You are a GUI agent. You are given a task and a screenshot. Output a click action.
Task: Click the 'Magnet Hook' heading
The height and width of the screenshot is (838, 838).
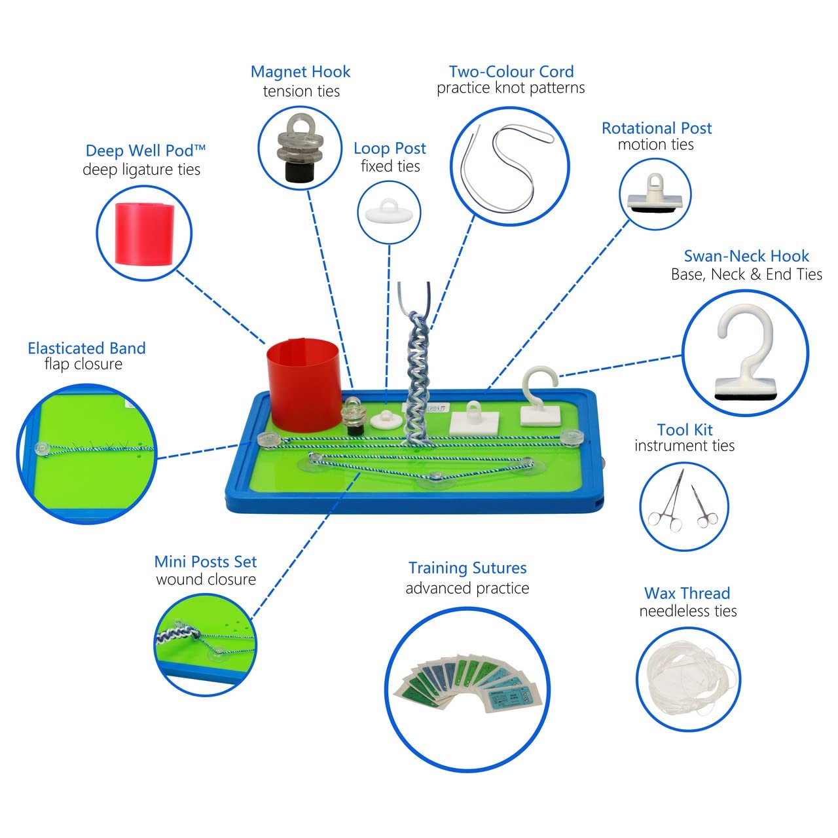point(300,72)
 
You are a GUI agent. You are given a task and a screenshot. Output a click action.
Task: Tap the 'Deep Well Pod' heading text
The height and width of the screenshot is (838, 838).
point(145,151)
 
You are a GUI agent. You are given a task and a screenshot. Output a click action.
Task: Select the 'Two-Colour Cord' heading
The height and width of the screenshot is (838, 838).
point(511,71)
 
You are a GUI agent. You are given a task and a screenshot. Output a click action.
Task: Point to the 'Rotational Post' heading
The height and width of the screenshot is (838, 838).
point(657,128)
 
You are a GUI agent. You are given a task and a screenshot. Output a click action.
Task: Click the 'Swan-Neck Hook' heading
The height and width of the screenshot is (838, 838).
point(746,256)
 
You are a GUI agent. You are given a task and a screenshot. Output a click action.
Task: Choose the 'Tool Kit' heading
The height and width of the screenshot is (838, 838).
point(685,429)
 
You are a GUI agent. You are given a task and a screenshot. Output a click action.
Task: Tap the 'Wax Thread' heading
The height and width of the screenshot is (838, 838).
point(687,593)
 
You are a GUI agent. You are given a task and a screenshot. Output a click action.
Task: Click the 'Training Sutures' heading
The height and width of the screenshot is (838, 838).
point(467,568)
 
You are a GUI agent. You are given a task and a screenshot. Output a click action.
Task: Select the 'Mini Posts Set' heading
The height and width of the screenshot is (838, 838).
point(206,562)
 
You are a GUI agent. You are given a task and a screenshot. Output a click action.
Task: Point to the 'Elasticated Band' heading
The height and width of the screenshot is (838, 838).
point(86,348)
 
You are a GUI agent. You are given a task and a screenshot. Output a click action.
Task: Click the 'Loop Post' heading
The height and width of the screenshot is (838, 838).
point(390,149)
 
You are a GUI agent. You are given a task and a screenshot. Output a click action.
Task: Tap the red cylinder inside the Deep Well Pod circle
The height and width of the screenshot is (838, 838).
point(145,234)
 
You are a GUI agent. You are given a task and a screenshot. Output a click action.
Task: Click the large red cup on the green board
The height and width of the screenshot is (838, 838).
point(304,384)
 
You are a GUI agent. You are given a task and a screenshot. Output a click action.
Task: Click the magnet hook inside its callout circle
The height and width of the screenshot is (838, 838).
point(300,148)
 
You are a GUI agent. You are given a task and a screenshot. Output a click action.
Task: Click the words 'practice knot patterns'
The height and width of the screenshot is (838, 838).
point(511,88)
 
